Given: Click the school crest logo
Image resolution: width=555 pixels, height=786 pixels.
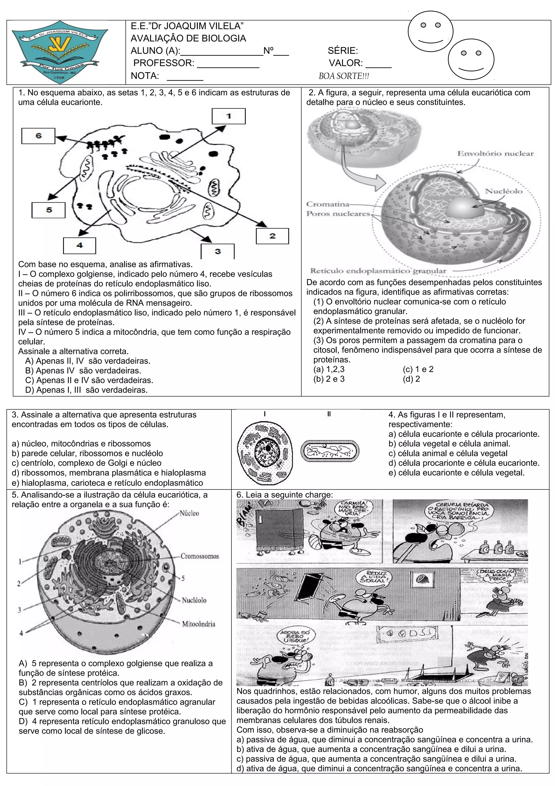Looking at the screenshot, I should pos(60,52).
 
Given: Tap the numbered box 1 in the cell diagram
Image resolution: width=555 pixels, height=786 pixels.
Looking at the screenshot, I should pos(228,116).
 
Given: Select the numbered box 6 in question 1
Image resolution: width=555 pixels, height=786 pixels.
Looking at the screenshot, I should pos(38,136).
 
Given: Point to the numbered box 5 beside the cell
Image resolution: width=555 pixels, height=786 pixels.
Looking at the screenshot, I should pos(49,210).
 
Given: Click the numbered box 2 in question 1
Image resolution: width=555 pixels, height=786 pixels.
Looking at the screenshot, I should pos(272,236).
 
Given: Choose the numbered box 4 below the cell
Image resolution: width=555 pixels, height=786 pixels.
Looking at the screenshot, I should pos(79,245).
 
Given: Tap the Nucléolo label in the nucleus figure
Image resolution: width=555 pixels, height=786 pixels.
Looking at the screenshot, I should pos(503,191).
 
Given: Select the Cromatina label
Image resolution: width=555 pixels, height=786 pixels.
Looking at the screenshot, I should pos(328,205).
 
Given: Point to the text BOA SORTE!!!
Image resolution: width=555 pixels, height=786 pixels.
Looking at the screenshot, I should pos(344,76).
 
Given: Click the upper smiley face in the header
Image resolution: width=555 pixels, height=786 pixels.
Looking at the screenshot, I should pos(431,31).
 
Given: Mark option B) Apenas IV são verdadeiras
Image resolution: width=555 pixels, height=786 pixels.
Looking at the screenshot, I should pos(83,370).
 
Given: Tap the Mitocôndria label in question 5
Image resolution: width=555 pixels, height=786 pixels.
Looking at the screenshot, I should pos(198,624).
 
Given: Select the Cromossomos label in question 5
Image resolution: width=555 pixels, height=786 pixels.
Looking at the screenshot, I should pos(200,556).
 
